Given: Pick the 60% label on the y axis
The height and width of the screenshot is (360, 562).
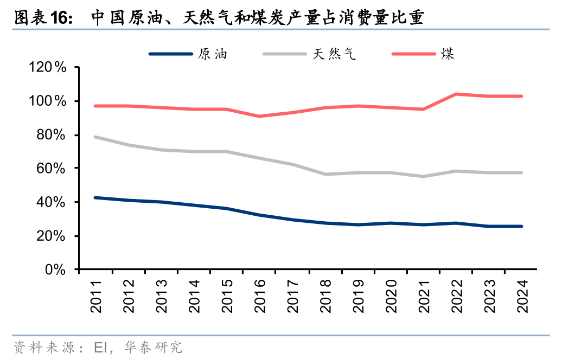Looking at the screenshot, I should (x=50, y=169).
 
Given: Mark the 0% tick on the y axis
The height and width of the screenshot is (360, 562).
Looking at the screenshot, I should (x=54, y=269).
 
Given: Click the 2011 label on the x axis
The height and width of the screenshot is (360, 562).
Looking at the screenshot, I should (x=96, y=297).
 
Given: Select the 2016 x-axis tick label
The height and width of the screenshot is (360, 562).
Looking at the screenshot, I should (x=260, y=297).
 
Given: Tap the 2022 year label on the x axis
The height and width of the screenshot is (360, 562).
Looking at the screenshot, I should (x=457, y=297).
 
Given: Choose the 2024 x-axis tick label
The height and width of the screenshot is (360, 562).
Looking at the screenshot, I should (x=522, y=297).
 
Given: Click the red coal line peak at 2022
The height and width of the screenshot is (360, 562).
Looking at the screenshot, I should (x=457, y=94).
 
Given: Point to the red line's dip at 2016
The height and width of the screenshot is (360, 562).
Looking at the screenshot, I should (x=260, y=116).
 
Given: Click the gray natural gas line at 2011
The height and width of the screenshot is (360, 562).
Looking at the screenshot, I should (x=96, y=137).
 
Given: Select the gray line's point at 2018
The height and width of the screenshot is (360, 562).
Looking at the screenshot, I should (x=325, y=174).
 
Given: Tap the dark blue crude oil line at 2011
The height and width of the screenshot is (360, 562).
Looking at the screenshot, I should (x=96, y=198).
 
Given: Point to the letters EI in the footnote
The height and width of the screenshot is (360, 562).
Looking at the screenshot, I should (x=101, y=347).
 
